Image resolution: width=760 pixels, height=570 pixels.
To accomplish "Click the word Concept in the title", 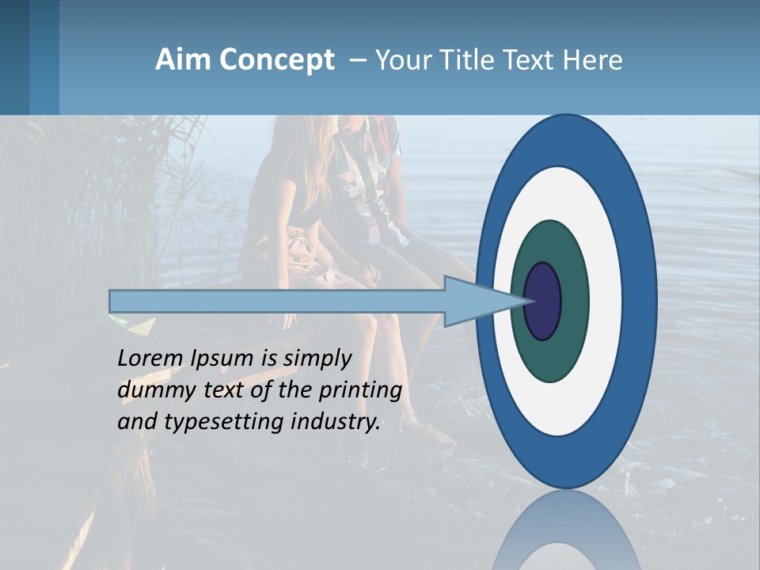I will coord(277,61).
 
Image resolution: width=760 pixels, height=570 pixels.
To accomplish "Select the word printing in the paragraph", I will coord(361,391).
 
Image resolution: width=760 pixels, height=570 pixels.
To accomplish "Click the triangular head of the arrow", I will coord(475,302).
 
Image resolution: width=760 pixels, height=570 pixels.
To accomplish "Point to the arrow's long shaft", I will coord(277,302).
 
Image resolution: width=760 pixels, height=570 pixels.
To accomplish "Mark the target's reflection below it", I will coord(566,534).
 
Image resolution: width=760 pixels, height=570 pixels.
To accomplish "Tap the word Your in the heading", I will coord(402,60).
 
